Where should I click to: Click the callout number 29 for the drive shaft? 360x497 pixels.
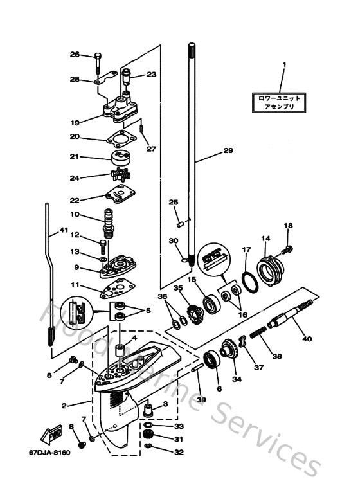[x=228, y=151]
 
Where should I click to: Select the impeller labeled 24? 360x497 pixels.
[x=122, y=176]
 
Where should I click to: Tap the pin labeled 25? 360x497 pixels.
[x=183, y=223]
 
